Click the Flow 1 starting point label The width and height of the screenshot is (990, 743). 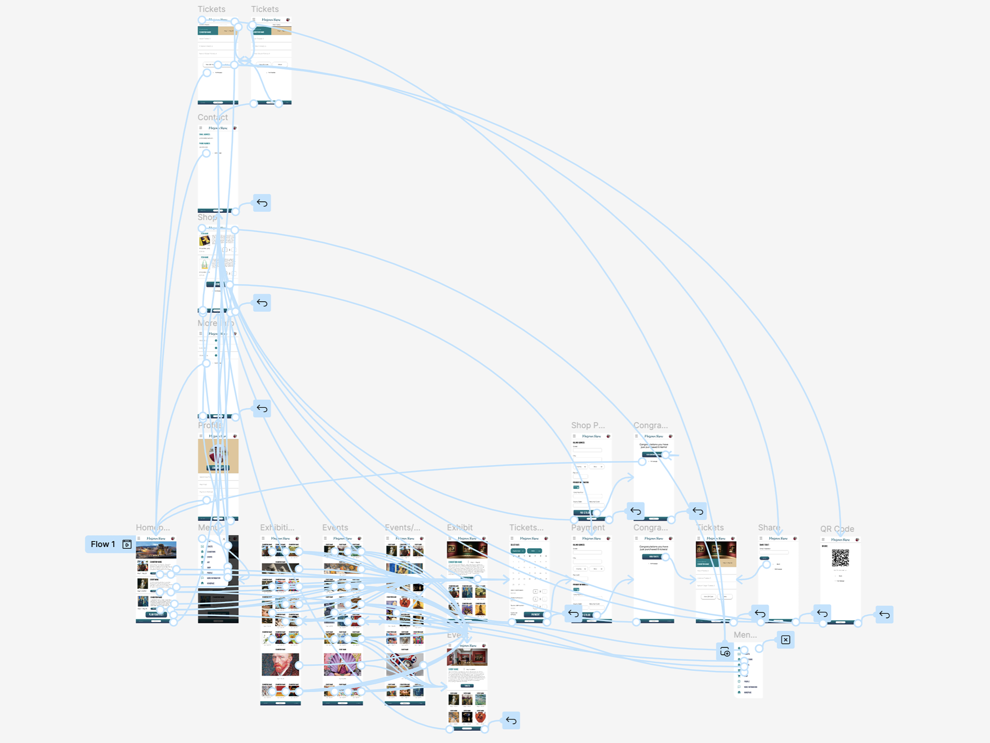(x=103, y=544)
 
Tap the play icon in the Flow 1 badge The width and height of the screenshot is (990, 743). (x=127, y=544)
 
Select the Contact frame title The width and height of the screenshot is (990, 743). (x=213, y=117)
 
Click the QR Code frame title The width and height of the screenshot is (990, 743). (x=836, y=529)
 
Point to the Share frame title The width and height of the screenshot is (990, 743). (x=769, y=527)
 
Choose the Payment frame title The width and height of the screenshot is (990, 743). (x=588, y=527)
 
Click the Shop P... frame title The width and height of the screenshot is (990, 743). (x=588, y=426)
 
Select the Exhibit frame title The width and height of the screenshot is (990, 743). (x=460, y=527)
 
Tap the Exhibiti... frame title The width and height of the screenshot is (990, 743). (x=277, y=527)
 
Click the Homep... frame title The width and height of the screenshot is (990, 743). (x=152, y=527)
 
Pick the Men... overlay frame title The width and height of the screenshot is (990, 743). (x=745, y=635)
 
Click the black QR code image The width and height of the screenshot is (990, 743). (x=840, y=558)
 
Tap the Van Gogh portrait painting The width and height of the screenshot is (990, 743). (x=280, y=664)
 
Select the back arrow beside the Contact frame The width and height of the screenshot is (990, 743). (x=262, y=203)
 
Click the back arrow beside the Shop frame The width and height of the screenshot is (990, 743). (x=262, y=303)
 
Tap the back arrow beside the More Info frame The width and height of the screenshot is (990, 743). (x=262, y=409)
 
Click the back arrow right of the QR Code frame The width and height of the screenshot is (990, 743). (x=884, y=615)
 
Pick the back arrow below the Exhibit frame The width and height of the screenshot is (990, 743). (x=511, y=720)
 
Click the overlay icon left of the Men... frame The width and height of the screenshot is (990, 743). (x=725, y=651)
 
